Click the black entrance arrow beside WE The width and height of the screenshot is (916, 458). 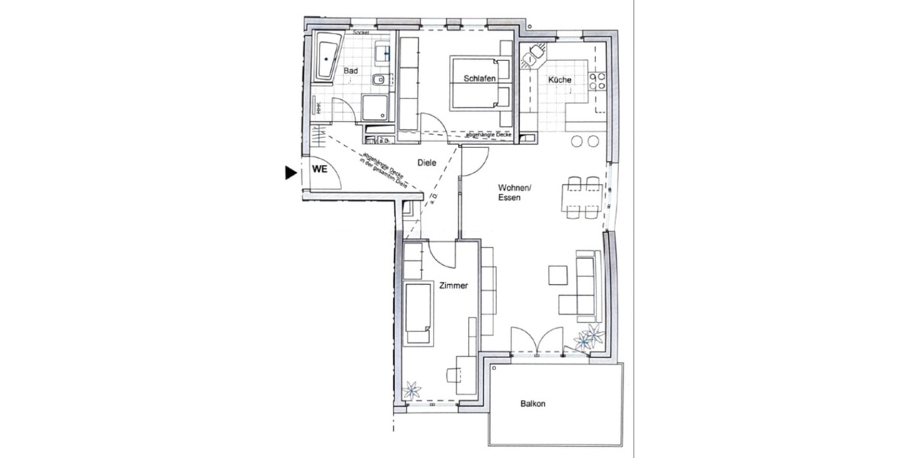pos(290,173)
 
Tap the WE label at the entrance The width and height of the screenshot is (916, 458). pos(319,169)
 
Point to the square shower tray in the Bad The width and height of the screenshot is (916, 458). pos(375,108)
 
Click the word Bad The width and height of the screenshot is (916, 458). pos(351,71)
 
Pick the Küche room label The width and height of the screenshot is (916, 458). pos(560,80)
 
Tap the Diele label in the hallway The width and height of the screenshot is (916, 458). pos(427,163)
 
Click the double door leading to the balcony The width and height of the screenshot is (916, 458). pos(537,340)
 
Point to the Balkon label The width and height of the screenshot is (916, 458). pos(533,405)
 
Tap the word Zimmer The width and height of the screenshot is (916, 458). pos(453,285)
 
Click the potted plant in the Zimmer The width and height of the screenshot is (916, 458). pos(413,390)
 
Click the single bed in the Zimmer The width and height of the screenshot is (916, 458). pos(419,313)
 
